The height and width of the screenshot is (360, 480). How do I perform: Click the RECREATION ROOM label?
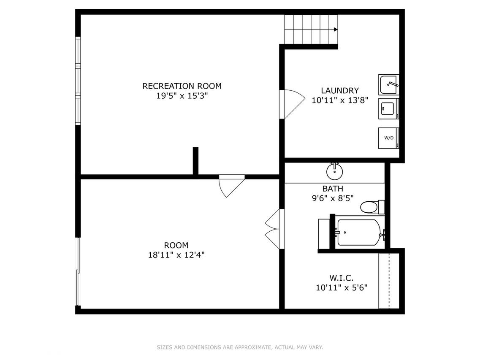tap(182, 86)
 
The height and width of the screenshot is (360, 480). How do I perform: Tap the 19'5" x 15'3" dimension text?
tap(182, 96)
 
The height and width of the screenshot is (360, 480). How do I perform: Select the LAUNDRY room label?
tap(340, 91)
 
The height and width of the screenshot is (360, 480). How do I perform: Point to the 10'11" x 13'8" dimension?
tap(340, 100)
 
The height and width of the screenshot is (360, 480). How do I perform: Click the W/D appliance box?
tap(389, 138)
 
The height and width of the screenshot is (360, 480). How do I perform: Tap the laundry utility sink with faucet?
tap(389, 84)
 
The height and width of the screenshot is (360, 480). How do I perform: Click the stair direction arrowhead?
tap(336, 30)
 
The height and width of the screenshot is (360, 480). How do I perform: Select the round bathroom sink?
tap(334, 171)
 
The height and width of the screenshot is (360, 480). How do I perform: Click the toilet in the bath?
tap(372, 207)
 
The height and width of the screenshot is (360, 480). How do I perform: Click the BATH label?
tap(333, 189)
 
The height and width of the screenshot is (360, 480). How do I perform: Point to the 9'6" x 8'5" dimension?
tap(333, 198)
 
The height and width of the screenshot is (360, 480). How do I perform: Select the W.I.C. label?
tap(342, 278)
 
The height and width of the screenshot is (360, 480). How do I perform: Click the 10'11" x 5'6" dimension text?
tap(342, 288)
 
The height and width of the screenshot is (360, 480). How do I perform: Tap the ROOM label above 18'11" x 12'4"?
tap(176, 245)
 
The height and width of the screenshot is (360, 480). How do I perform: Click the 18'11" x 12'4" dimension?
tap(176, 254)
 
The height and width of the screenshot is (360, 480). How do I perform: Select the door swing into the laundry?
tap(293, 104)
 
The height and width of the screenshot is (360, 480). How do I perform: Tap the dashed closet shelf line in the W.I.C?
tap(389, 281)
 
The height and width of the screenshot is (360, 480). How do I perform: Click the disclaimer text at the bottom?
tap(240, 347)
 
